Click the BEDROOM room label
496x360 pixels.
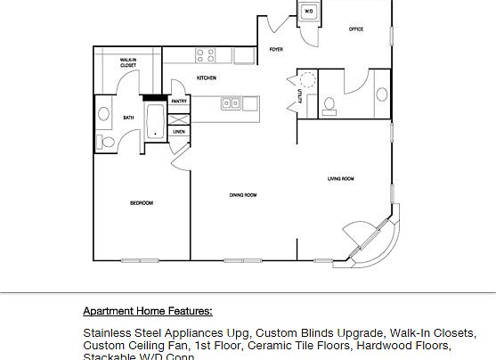coord(142,203)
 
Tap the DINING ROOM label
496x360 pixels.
coord(243,194)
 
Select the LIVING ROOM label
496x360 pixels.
coord(341,179)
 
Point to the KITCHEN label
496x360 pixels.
coord(207,78)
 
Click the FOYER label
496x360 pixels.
coord(276,50)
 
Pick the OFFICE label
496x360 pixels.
coord(355,29)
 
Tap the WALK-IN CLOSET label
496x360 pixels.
coord(128,62)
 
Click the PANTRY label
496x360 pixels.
coord(179,102)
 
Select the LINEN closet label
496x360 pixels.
coord(179,131)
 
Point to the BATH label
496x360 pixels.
coord(128,117)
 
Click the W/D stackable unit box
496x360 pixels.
coord(308,12)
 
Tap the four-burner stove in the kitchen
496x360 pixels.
coord(205,54)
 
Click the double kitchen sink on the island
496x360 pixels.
coord(231,103)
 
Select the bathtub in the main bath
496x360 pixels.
coord(155,122)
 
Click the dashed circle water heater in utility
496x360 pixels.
coord(308,79)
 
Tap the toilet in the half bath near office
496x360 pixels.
coord(329,105)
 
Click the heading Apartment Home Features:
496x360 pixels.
coord(148,311)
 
